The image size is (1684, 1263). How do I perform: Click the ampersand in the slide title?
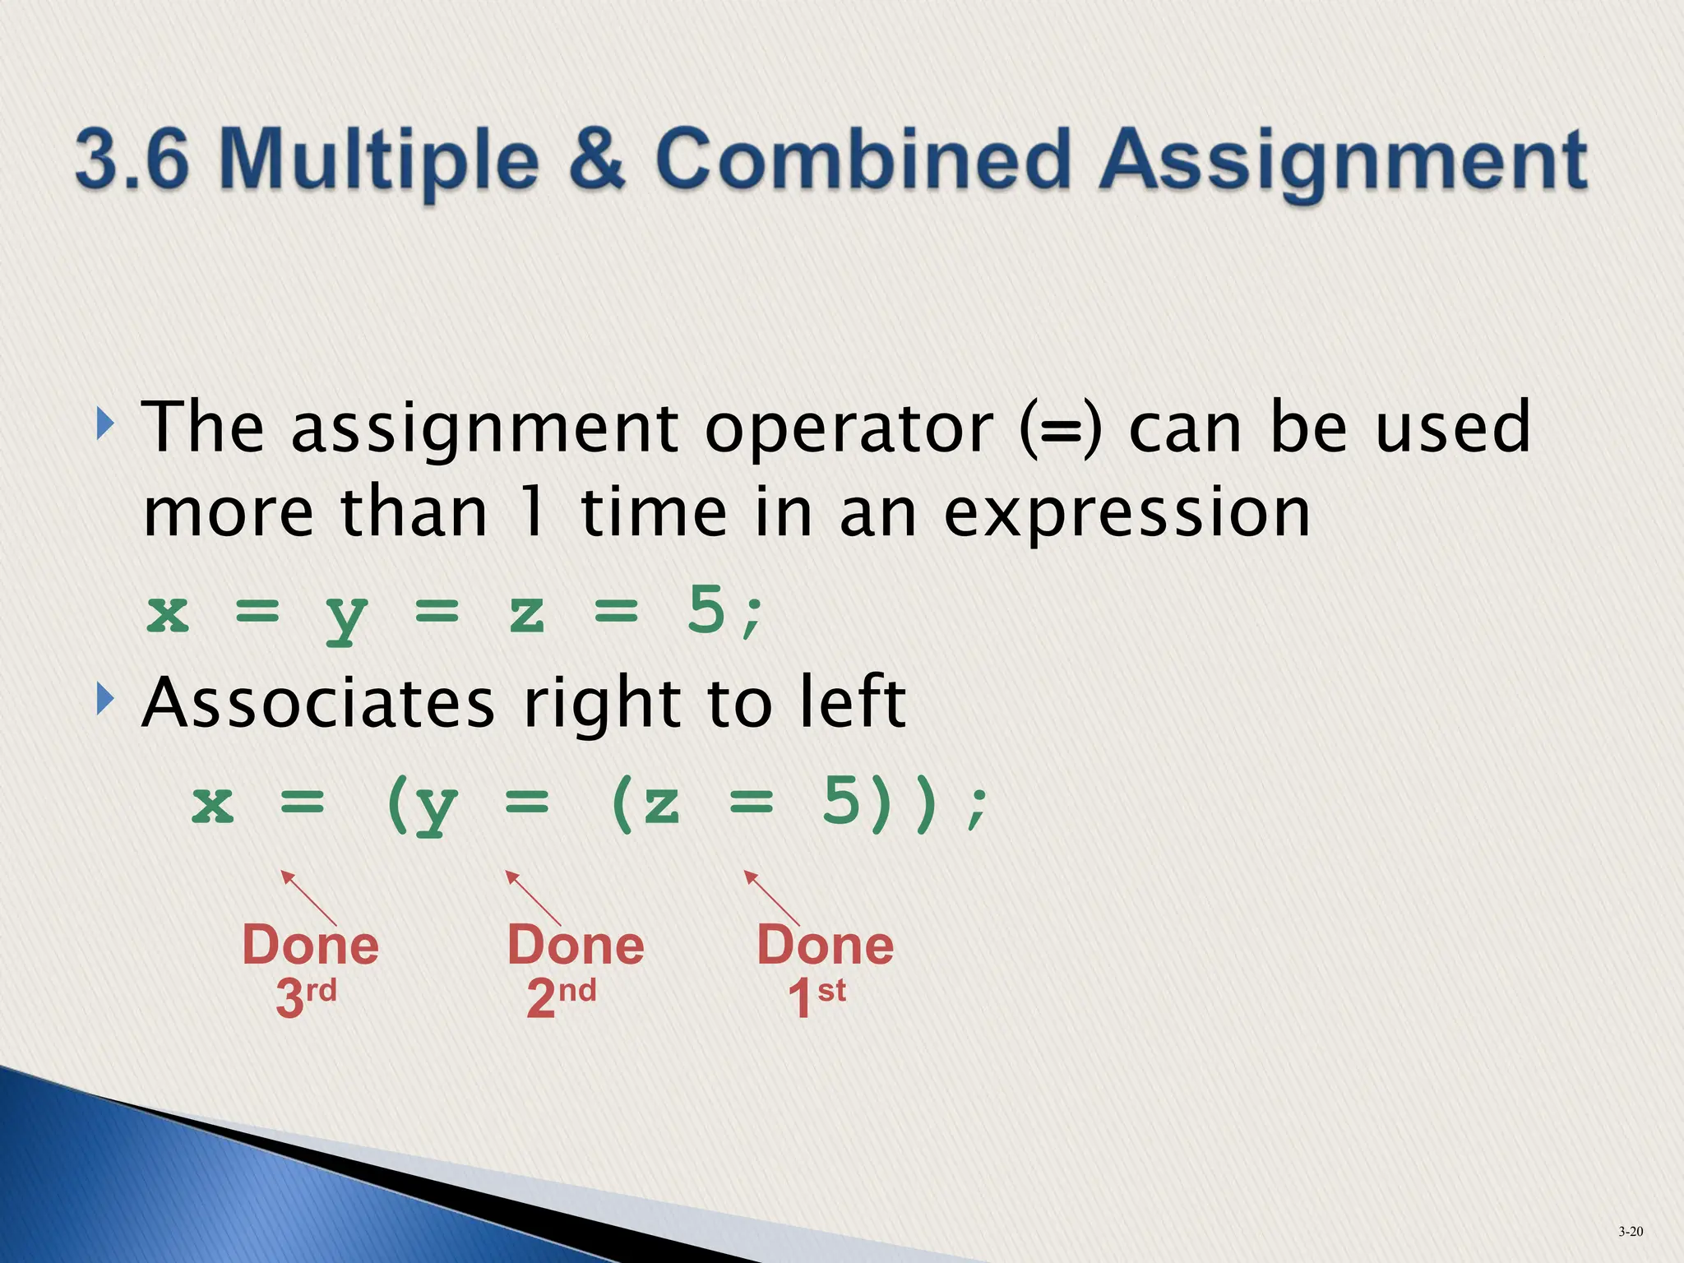(599, 159)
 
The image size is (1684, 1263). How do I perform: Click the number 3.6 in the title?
(132, 159)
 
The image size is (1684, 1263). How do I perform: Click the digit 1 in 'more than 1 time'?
(533, 512)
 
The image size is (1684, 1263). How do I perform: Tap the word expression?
(1126, 514)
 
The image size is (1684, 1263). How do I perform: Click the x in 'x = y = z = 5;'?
(169, 613)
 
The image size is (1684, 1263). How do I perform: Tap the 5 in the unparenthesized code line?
(706, 611)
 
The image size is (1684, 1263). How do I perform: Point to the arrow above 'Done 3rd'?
(308, 898)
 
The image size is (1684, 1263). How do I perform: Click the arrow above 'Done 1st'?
(771, 898)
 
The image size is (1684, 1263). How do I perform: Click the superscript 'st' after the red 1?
(831, 990)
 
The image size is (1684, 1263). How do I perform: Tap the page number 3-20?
(1631, 1231)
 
